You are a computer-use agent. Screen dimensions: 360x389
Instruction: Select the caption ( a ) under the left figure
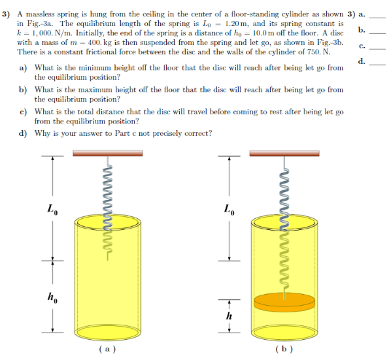107,349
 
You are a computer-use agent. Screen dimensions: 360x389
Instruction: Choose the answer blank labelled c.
378,48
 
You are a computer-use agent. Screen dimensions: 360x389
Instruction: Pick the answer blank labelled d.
378,64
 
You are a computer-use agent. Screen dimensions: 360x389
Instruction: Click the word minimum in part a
104,67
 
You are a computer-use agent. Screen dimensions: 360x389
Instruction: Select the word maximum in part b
105,90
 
